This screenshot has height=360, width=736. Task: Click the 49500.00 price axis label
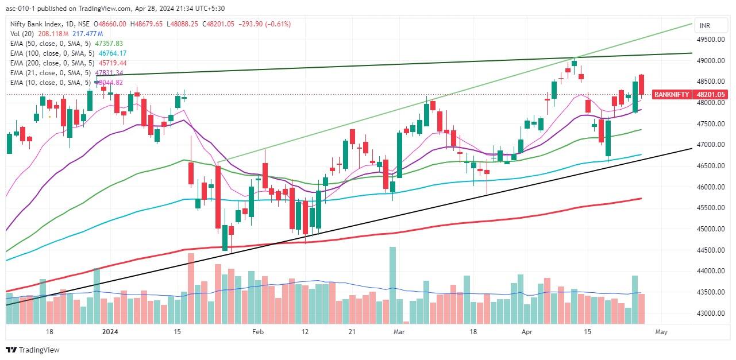coord(711,40)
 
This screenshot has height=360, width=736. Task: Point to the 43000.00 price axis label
coord(711,313)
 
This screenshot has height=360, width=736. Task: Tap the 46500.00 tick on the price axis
coord(711,166)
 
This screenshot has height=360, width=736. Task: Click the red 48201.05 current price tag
coord(710,94)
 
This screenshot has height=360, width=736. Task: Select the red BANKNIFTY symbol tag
coord(672,94)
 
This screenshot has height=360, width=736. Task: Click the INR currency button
coord(704,26)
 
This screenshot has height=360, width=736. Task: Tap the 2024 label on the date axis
coord(110,332)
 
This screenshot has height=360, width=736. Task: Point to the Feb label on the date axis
coord(257,332)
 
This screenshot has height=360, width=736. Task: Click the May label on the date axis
coord(661,332)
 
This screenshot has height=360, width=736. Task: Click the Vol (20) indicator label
coord(22,34)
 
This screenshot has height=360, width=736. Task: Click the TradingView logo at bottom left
coord(33,350)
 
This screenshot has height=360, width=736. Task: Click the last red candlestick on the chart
coord(641,85)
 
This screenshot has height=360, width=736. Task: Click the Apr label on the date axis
coord(527,332)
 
